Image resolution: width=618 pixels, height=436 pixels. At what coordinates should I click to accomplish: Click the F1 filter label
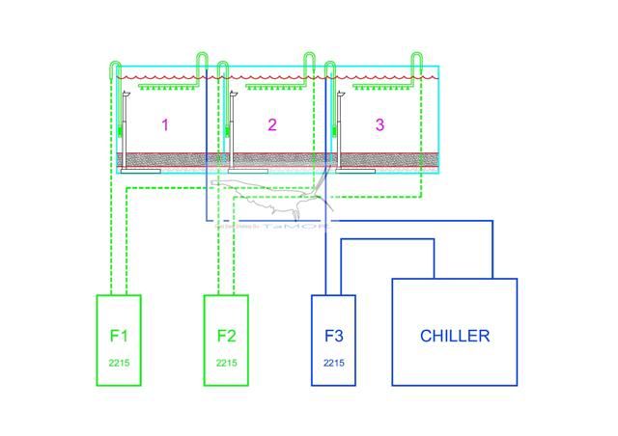click(119, 336)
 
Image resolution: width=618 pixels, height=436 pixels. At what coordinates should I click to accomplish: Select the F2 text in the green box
click(226, 336)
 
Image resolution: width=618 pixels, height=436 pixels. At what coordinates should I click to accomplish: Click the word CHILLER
click(454, 336)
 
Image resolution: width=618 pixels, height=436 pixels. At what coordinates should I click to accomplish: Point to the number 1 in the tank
click(165, 124)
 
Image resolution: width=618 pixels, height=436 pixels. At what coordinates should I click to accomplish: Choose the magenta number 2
click(272, 124)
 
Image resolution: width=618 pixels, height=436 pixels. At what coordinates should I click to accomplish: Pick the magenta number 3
click(379, 124)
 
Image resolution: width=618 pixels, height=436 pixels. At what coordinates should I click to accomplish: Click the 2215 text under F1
click(119, 363)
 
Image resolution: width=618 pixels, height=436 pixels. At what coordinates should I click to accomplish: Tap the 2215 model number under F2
click(226, 363)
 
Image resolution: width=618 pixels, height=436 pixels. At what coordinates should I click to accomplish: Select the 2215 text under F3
click(334, 363)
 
